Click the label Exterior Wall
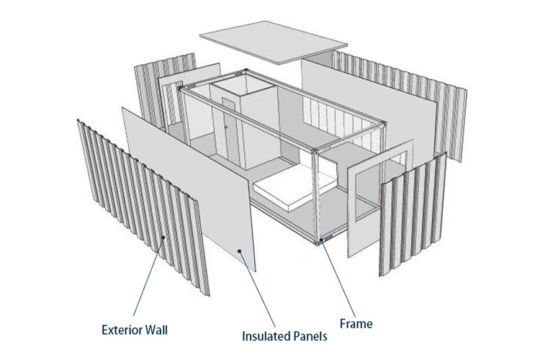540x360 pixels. click(135, 330)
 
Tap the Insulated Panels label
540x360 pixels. click(284, 336)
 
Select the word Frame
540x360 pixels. click(356, 324)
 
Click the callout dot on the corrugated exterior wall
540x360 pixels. click(164, 237)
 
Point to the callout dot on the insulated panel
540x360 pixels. click(239, 251)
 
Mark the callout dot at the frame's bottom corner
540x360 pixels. click(321, 240)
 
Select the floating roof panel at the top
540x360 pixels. click(273, 42)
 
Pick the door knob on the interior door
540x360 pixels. click(226, 127)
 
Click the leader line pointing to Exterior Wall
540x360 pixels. click(148, 276)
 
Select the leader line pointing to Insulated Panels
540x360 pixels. click(258, 289)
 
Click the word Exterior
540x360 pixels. click(121, 330)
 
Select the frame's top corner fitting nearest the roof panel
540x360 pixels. click(246, 71)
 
